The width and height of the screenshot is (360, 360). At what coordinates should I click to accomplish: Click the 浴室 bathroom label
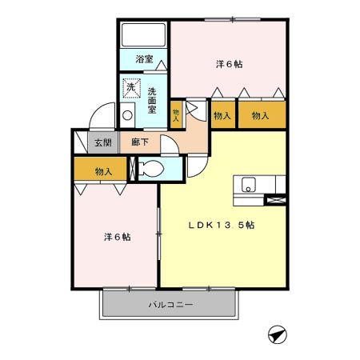tap(144, 60)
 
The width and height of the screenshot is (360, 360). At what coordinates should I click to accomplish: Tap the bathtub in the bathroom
tap(142, 35)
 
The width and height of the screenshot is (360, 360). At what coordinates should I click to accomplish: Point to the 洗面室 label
tap(152, 99)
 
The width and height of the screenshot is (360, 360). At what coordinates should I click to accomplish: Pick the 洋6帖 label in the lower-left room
tap(117, 237)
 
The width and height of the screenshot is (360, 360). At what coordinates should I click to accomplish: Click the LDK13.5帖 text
tap(222, 225)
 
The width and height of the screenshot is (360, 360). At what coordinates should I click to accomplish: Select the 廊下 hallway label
tap(140, 144)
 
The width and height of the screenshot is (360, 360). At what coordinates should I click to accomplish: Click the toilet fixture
tap(150, 168)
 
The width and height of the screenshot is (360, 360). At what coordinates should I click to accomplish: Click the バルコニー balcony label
tap(171, 304)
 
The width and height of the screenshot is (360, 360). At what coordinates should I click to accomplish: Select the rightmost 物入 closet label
tap(261, 116)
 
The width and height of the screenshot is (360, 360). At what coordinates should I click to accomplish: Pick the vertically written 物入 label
tap(177, 114)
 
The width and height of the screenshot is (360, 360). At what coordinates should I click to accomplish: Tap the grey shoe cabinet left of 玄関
tap(80, 143)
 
